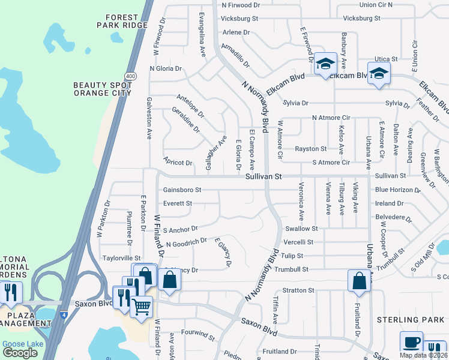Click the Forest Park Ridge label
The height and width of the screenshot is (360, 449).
tap(122, 21)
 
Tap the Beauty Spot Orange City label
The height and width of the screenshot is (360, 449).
tap(103, 89)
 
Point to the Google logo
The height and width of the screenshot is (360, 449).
tap(20, 353)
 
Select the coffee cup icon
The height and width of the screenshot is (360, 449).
tap(411, 341)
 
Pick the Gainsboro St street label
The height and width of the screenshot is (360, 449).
tap(182, 190)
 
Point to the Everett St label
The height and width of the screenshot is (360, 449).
tap(177, 203)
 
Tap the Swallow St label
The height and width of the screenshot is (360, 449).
tap(301, 229)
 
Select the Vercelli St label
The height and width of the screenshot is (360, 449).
tap(298, 242)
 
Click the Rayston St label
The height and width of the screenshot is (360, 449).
tap(310, 149)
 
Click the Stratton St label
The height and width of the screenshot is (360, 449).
tap(298, 290)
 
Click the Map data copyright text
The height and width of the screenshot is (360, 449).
tap(423, 355)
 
